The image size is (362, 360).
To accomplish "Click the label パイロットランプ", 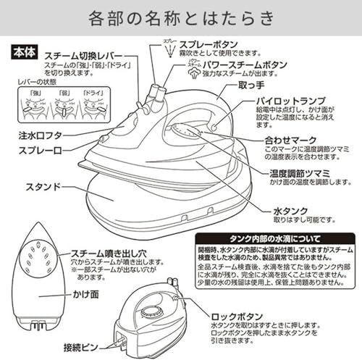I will click(x=287, y=103).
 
